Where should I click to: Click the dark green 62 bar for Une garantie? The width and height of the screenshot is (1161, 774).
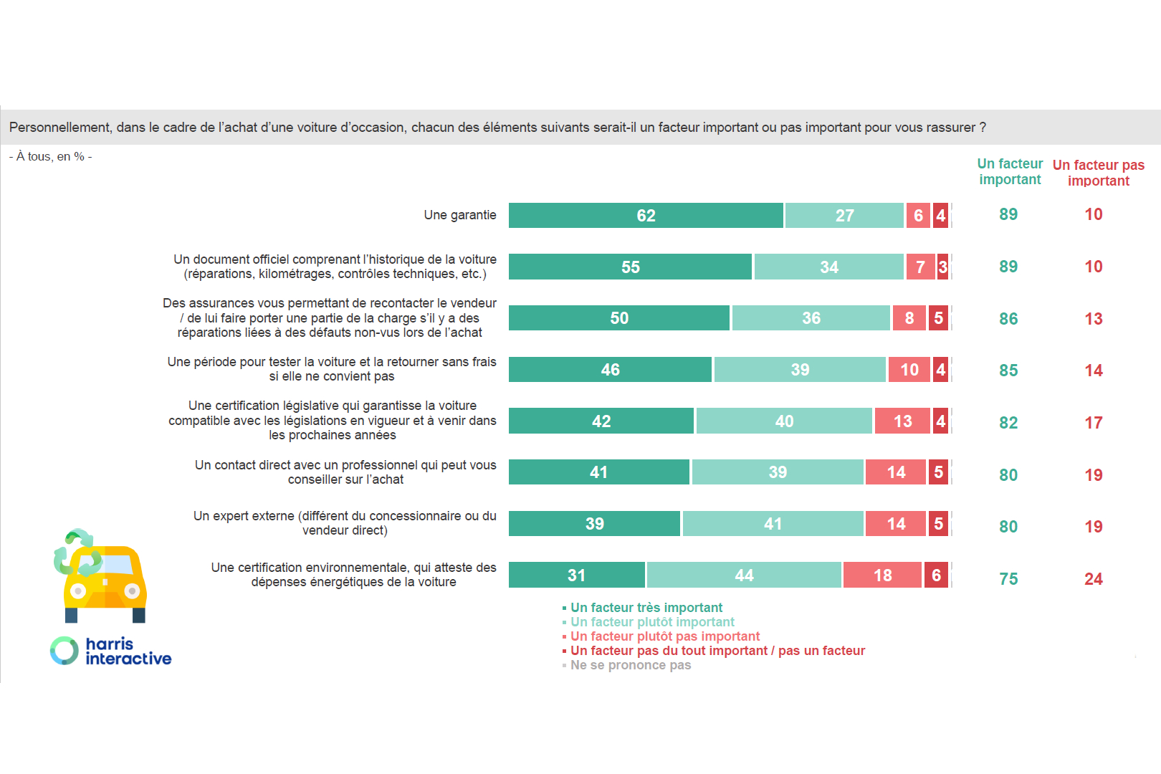(645, 216)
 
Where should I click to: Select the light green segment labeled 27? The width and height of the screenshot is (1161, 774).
(844, 216)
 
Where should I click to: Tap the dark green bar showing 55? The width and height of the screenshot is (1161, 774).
(630, 267)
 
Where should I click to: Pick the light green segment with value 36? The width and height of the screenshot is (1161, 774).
(811, 318)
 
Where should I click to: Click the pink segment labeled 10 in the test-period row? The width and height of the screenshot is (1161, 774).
(909, 370)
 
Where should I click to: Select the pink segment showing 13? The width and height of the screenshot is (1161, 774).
(902, 421)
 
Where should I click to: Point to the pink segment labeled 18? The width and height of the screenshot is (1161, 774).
(882, 575)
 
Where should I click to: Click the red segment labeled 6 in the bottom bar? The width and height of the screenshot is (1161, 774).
(936, 575)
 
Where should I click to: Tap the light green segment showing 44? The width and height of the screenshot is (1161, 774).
(744, 575)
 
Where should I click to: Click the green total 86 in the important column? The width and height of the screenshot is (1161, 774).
(1008, 319)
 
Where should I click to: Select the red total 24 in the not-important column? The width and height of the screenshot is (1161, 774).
(1093, 579)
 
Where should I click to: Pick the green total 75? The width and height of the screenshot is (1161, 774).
(1008, 579)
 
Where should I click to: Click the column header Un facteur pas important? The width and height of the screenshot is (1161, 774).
(1098, 173)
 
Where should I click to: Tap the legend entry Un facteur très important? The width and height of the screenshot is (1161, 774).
(646, 608)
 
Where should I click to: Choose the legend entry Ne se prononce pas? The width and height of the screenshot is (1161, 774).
(630, 665)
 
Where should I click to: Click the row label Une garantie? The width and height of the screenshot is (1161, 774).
(459, 215)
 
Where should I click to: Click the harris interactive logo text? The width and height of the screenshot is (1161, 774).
(128, 651)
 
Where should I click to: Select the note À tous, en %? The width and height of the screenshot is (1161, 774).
(50, 156)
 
